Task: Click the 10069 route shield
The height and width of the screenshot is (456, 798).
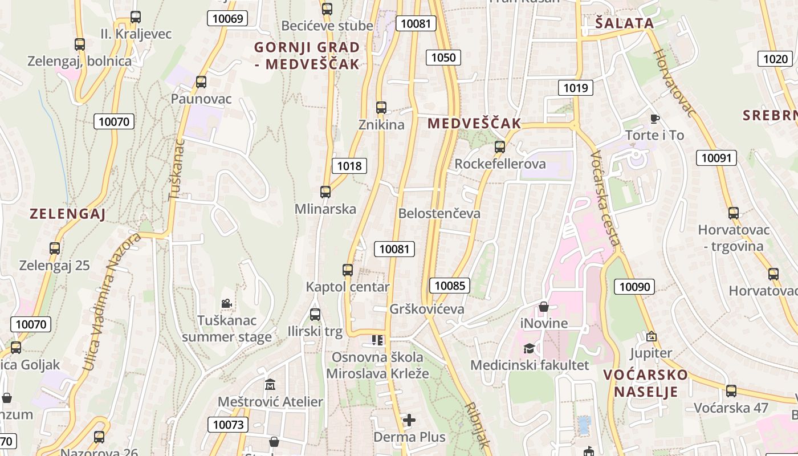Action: [227, 19]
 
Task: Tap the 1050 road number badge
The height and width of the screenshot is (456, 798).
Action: [443, 57]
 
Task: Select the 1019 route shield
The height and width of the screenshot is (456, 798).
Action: [575, 87]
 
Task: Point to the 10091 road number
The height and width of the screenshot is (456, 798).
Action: [716, 158]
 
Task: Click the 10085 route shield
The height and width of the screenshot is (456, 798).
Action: [450, 286]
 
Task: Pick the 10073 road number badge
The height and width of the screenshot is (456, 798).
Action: [228, 424]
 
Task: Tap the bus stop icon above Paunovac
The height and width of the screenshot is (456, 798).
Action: [201, 82]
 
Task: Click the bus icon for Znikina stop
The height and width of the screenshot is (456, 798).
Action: [381, 107]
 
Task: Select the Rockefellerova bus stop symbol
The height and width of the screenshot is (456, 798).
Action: [500, 146]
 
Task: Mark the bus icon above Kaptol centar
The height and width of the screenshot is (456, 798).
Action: [348, 270]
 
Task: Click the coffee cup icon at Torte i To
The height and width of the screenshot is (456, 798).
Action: [654, 119]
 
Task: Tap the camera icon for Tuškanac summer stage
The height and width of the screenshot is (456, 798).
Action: [226, 303]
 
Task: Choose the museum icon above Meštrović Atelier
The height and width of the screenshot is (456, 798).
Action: [270, 385]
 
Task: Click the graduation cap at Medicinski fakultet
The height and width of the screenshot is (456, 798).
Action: [529, 348]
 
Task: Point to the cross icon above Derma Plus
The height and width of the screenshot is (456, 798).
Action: [409, 421]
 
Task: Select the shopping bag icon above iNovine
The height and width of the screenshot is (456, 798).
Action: [544, 307]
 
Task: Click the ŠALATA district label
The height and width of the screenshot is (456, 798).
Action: [624, 23]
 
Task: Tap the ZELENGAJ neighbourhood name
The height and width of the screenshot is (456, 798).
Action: [68, 214]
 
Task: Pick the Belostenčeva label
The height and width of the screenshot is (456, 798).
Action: [439, 214]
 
